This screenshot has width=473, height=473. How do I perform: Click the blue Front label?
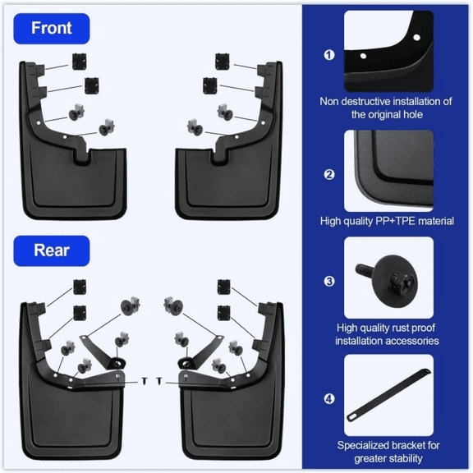tap(51, 28)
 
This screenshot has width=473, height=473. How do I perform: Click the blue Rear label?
tap(51, 250)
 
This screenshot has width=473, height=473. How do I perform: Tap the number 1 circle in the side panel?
tap(329, 55)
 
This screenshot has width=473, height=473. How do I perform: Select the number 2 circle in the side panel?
tap(329, 173)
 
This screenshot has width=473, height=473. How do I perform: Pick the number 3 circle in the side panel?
tap(329, 282)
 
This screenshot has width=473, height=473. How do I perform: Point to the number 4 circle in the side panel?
tap(329, 399)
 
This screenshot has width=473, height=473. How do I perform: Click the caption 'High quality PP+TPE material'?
tap(388, 221)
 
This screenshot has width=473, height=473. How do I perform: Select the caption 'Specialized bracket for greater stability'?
tap(388, 452)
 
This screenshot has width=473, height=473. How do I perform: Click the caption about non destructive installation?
tap(388, 108)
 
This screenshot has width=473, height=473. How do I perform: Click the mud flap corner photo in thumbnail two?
tap(388, 169)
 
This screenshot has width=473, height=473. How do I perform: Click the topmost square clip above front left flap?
tap(80, 60)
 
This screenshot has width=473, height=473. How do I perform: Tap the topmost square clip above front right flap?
tap(221, 60)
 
